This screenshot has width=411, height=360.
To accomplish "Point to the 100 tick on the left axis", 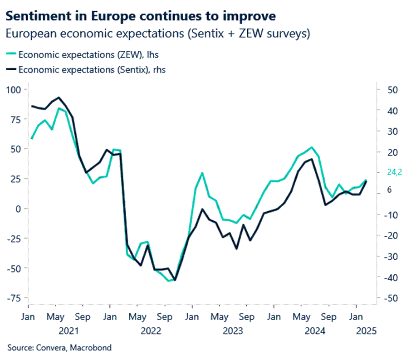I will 15,89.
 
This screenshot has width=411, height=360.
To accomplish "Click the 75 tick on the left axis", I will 17,119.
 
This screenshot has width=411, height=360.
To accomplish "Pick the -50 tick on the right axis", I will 391,298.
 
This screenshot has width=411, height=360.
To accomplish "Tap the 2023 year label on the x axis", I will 233,331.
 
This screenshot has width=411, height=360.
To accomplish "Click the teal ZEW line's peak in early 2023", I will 202,173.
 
